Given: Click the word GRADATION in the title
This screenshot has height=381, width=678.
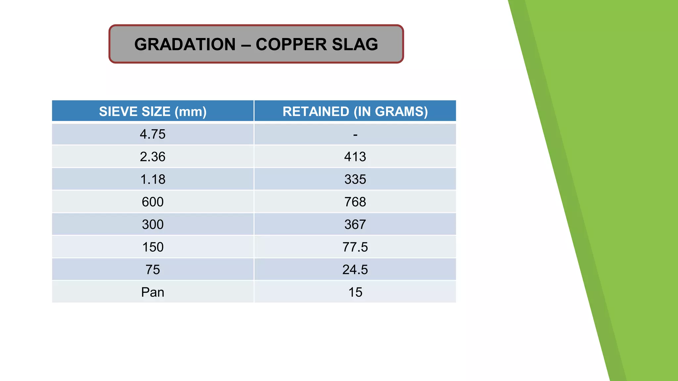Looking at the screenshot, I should coord(185,44).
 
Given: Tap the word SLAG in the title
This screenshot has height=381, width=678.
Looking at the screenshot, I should coord(355,44).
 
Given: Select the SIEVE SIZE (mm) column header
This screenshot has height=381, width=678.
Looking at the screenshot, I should coord(153,111).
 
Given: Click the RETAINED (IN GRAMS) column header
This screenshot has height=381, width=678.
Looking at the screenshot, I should coord(355,111).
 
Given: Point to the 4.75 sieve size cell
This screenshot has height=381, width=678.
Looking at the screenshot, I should coord(153,134).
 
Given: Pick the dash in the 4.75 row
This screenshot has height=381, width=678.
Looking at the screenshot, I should coord(355,135).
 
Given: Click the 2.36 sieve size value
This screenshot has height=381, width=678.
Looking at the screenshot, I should coord(153,157).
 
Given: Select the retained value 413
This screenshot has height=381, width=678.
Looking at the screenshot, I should coord(355,157).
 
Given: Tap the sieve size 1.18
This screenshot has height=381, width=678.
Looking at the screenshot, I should coord(153,179).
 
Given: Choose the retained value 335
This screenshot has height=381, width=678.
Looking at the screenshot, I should coord(355,179).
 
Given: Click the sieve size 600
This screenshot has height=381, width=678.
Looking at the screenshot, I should coord(153,202).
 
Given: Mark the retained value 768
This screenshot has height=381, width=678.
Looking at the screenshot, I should coord(355,202).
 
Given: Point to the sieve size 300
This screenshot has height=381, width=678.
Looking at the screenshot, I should coord(153,225).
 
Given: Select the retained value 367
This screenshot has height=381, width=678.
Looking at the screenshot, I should coord(355,225).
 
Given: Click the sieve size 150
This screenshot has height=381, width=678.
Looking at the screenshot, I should coord(153,247).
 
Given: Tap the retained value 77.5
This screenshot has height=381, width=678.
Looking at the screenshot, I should coord(355,247).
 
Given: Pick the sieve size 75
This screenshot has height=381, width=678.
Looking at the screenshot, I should coord(153,270).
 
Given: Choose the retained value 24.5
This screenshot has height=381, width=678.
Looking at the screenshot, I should coord(355,270).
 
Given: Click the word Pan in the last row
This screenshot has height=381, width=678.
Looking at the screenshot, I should coord(153,292).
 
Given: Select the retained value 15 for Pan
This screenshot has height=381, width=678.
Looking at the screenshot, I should coord(355,292).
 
